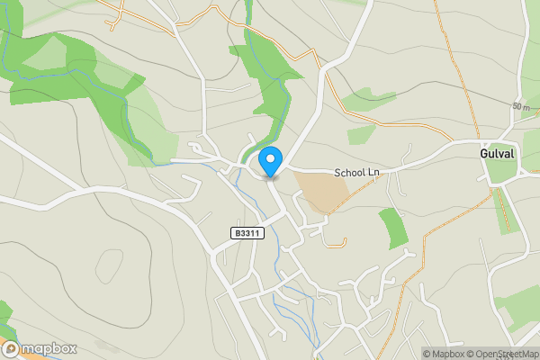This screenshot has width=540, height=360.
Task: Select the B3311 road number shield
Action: click(x=245, y=233)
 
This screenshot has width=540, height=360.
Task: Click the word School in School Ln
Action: click(x=351, y=172)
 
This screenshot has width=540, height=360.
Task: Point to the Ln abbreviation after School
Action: click(x=376, y=172)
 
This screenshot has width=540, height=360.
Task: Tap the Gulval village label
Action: click(x=497, y=154)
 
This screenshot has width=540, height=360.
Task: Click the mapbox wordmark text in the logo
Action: click(x=49, y=349)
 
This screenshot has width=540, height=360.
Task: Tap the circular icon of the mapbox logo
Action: click(x=11, y=349)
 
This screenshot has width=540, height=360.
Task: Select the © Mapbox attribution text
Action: click(x=443, y=354)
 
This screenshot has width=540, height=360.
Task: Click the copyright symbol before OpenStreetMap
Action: click(x=471, y=354)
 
